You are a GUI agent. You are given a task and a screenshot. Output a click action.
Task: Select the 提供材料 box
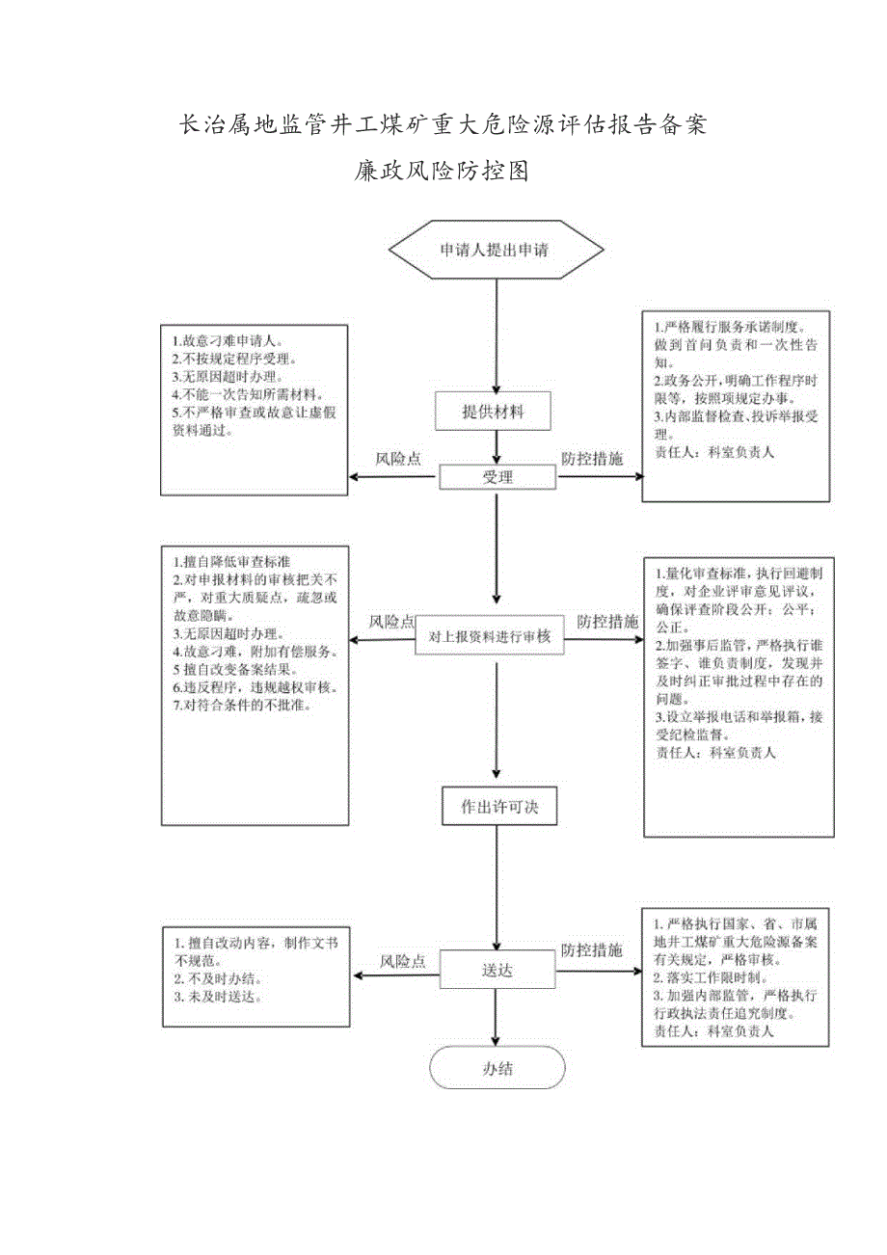pyautogui.click(x=494, y=412)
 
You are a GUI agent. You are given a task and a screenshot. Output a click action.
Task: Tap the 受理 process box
pyautogui.click(x=497, y=477)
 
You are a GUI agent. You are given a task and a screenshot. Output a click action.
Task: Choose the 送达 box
pyautogui.click(x=497, y=969)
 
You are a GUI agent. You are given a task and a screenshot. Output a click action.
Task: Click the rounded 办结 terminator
pyautogui.click(x=497, y=1068)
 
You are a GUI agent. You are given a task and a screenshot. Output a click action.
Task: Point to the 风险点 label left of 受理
pyautogui.click(x=398, y=459)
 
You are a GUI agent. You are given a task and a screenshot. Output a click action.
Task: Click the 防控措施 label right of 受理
pyautogui.click(x=592, y=459)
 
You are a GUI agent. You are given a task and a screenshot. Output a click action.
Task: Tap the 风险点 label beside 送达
pyautogui.click(x=402, y=961)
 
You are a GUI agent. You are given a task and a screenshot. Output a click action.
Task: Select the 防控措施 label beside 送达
pyautogui.click(x=592, y=949)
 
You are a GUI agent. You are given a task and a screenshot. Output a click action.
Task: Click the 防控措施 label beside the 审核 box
pyautogui.click(x=607, y=623)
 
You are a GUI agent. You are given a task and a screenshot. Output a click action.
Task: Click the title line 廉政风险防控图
pyautogui.click(x=442, y=172)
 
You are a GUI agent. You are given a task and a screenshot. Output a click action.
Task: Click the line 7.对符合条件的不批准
pyautogui.click(x=248, y=706)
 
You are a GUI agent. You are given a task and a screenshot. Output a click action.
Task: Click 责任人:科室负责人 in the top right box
pyautogui.click(x=713, y=450)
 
